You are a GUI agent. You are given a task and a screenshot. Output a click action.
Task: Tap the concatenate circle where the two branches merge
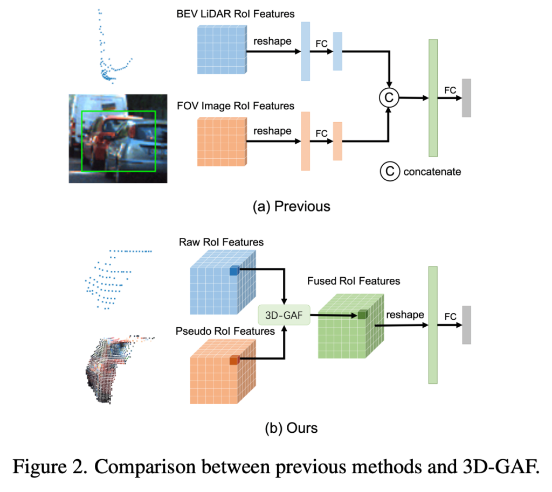click(388, 97)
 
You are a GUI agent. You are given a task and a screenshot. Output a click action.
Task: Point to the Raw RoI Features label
click(221, 242)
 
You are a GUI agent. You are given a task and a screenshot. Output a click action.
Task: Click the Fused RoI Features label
click(354, 281)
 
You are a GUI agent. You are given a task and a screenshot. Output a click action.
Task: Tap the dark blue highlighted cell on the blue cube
click(234, 272)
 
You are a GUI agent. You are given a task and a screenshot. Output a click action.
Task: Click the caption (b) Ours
click(291, 428)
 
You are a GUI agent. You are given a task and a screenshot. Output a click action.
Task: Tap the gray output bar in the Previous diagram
click(466, 97)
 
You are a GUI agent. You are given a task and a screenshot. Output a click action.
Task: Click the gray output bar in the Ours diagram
click(466, 325)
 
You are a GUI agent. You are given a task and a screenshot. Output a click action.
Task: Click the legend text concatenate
click(429, 172)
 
